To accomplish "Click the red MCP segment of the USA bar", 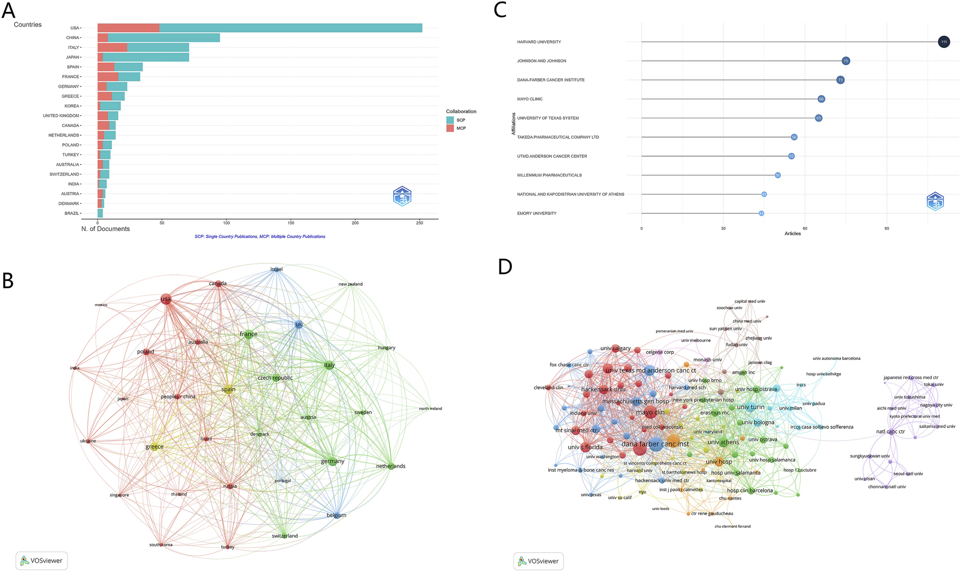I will [128, 28].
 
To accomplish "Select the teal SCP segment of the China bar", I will [164, 37].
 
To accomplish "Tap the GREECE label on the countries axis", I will [70, 96].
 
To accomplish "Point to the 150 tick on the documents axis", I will [291, 223].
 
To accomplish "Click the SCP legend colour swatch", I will [450, 120].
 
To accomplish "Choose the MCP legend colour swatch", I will [450, 128].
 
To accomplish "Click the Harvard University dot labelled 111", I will [944, 42].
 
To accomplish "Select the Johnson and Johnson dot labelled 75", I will [845, 61].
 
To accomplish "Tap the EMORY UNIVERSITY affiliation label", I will [536, 214].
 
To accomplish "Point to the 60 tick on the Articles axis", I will [805, 228].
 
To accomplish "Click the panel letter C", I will [500, 10].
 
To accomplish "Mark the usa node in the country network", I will [166, 299].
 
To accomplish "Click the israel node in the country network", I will [277, 269].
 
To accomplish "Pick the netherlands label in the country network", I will [390, 466].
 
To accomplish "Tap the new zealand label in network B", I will [350, 284].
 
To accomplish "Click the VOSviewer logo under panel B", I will [41, 561].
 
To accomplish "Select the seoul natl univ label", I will [908, 474].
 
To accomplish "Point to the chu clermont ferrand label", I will [732, 526].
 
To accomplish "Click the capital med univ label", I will [749, 301].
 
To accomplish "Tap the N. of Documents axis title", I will [105, 229].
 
